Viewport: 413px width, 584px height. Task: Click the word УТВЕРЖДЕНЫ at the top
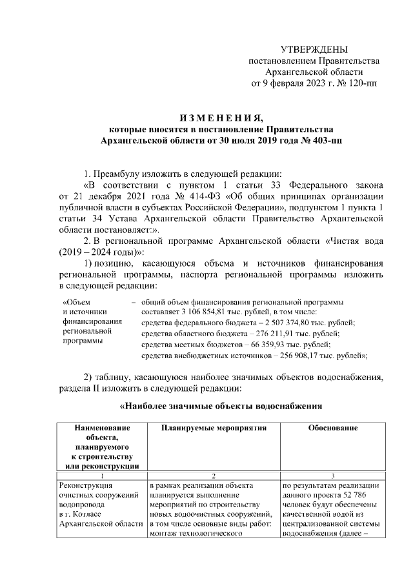tap(314, 50)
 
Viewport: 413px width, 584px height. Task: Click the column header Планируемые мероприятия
tap(211, 428)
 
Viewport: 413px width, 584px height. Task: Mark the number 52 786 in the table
tap(370, 495)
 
